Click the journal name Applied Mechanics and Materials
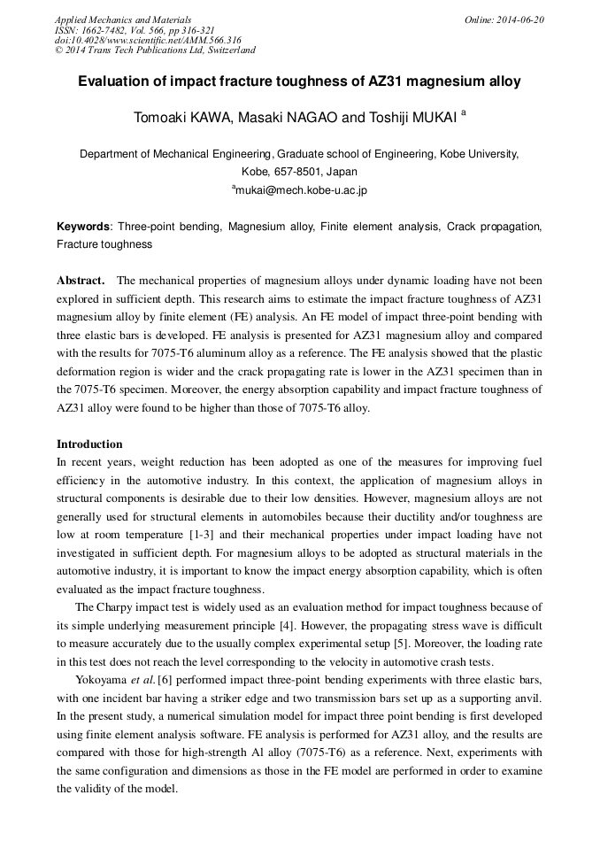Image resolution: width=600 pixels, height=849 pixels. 122,19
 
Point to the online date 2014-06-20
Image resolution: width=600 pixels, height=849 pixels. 517,19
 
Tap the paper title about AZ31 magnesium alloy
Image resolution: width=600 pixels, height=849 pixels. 299,81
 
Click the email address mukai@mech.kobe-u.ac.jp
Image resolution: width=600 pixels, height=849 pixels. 301,189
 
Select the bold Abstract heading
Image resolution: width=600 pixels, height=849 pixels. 81,281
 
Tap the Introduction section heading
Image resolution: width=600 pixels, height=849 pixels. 89,444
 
